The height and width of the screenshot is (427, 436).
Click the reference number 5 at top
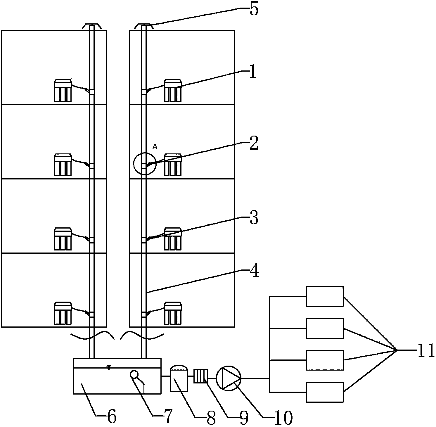click(253, 10)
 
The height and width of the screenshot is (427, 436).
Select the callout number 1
click(253, 72)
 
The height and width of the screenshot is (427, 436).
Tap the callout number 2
click(253, 144)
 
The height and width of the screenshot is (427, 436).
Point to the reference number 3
click(254, 218)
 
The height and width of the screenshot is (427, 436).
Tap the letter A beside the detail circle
click(155, 147)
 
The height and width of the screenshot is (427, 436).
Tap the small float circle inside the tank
click(134, 374)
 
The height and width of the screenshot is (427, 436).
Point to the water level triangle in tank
click(109, 367)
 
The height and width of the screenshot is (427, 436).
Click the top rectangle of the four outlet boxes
click(324, 296)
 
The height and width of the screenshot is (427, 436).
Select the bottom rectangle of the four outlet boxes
click(324, 392)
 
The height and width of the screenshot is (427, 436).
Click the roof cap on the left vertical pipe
click(92, 26)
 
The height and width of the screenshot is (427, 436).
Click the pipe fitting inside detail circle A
click(144, 166)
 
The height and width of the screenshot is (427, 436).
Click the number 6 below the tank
click(112, 416)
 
